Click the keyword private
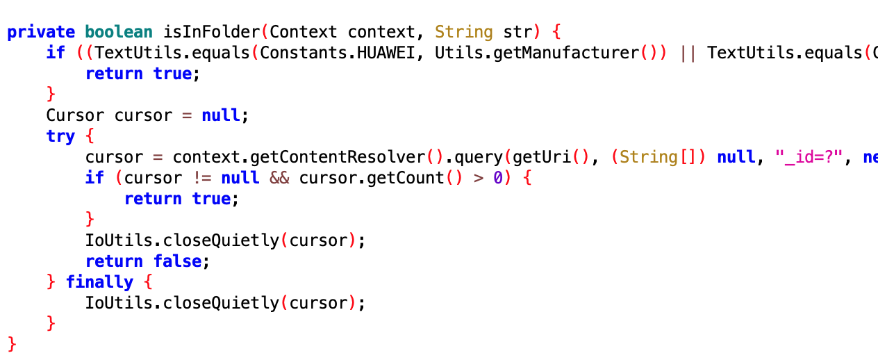tap(41, 33)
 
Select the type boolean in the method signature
tap(119, 32)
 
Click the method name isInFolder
tap(212, 32)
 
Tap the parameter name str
tap(517, 32)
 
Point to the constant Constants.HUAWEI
tap(338, 53)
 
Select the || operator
tap(688, 54)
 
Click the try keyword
tap(60, 136)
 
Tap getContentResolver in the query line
tap(338, 157)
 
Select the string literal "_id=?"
tap(809, 157)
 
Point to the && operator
tap(279, 178)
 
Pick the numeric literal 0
tap(498, 178)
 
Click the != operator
tap(201, 178)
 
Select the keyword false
tap(178, 261)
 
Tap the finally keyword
tap(99, 282)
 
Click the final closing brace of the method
tap(12, 344)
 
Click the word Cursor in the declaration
tap(75, 115)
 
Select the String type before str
tap(464, 32)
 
